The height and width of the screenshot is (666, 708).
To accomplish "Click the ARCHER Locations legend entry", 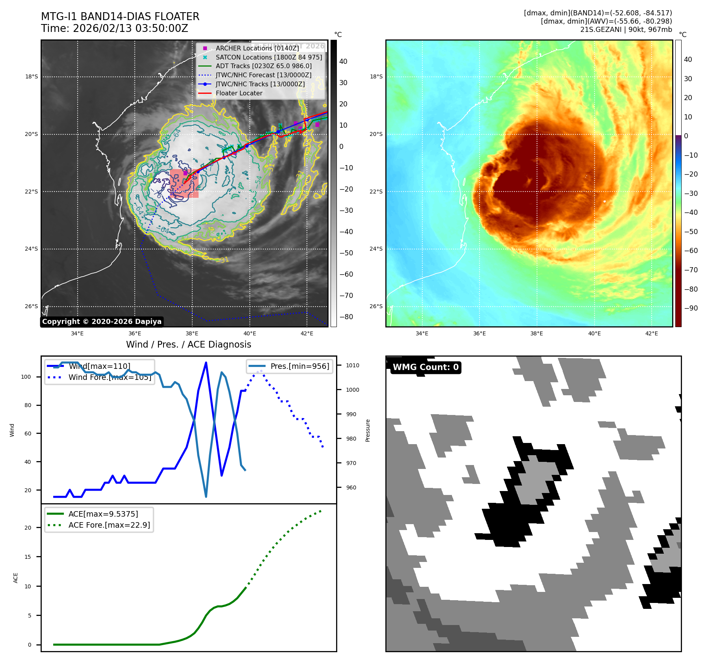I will click(257, 48).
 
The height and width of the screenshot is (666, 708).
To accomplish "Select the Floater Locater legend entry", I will click(239, 93).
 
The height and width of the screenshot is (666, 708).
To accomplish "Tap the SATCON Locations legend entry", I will click(269, 57).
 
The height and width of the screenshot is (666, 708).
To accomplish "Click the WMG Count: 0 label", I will click(426, 367).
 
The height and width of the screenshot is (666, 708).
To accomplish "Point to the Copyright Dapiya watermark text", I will click(102, 322).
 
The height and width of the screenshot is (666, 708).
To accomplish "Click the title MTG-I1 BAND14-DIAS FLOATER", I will click(120, 17).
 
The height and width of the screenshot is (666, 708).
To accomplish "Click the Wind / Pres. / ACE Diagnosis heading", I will click(188, 344).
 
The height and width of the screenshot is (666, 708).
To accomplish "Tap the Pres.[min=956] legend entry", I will click(299, 366).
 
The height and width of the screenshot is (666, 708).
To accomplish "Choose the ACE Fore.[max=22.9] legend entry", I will click(109, 525).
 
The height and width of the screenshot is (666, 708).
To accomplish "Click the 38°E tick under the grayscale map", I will click(192, 333).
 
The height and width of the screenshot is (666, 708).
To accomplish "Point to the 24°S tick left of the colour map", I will click(376, 249).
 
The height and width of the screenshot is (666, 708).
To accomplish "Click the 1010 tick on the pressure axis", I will click(353, 365).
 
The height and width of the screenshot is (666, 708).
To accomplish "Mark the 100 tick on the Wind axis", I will click(26, 377).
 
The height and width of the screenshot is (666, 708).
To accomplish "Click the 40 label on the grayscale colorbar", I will click(343, 61).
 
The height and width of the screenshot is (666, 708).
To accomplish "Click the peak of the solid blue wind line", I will click(206, 363).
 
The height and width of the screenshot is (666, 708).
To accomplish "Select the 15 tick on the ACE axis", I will click(28, 557).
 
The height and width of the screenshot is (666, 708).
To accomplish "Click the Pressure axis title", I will click(368, 430).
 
